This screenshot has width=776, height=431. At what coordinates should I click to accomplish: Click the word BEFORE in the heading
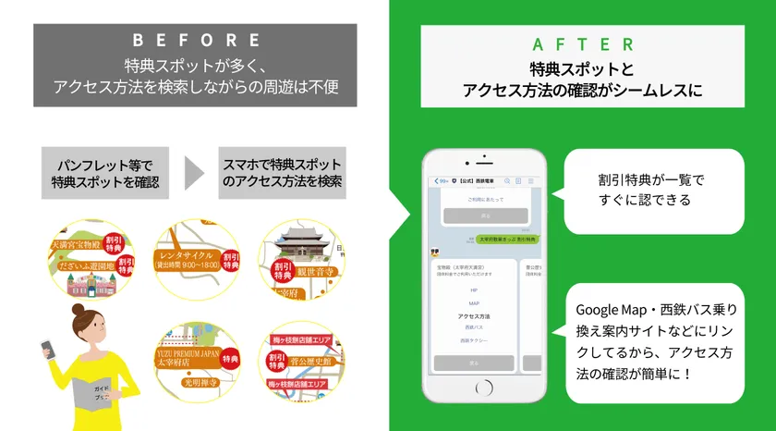click(195, 40)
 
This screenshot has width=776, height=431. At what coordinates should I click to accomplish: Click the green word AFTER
click(583, 44)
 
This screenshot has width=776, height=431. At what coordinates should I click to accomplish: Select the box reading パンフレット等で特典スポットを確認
click(105, 173)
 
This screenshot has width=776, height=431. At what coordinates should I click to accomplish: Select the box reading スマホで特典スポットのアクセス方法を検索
click(282, 173)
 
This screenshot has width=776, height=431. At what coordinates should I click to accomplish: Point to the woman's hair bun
click(78, 307)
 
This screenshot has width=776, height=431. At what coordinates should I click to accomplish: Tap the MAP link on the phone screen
click(474, 302)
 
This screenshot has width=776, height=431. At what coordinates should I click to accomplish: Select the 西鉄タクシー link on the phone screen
click(474, 339)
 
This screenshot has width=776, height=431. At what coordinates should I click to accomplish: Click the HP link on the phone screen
click(474, 289)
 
